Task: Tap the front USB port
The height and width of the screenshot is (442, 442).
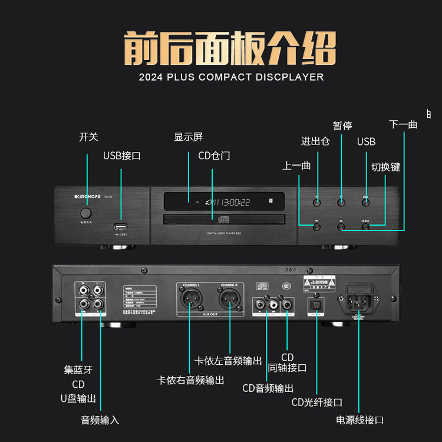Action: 121,227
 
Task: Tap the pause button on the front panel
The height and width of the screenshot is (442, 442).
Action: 341,202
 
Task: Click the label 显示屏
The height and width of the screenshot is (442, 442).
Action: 188,137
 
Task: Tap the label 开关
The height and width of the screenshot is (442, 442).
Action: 88,137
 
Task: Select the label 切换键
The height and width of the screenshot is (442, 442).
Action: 385,167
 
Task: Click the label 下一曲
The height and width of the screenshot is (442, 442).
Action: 403,124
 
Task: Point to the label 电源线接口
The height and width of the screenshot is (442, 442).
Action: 359,420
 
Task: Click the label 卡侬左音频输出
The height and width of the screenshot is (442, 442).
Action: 228,361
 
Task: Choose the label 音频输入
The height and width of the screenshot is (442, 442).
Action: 100,420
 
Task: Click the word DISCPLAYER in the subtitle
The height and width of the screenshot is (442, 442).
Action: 289,77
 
